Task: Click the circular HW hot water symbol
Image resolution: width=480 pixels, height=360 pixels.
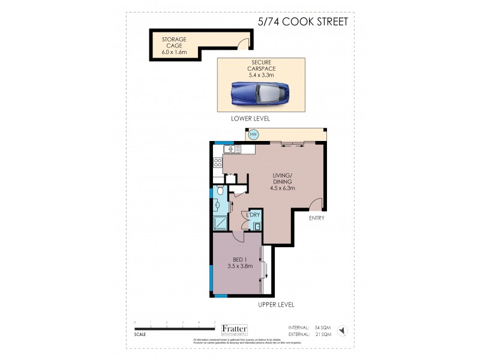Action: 253,135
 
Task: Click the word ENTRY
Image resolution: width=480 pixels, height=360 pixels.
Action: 316,218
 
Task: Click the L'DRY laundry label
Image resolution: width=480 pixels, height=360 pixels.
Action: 253,215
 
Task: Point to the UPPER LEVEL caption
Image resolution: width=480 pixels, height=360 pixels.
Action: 276,304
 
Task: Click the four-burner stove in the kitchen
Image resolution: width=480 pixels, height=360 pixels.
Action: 216,162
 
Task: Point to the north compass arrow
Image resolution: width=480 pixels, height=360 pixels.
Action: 341,329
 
